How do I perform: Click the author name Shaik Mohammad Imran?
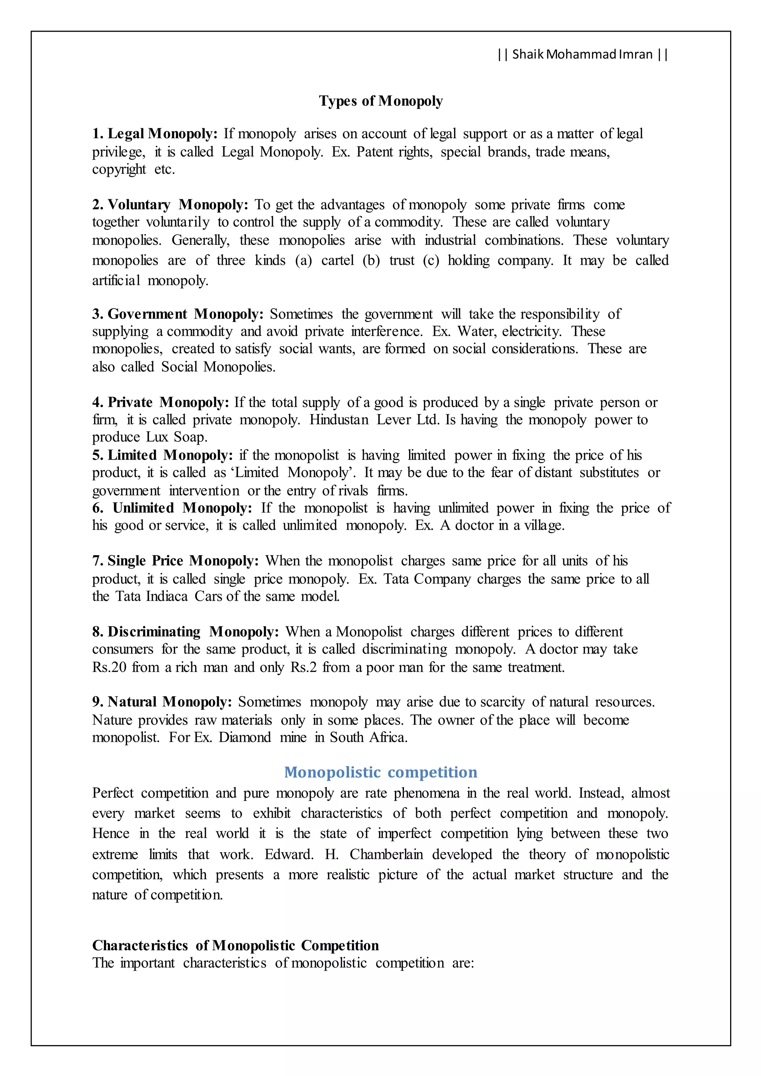click(583, 54)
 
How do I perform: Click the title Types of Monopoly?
click(380, 101)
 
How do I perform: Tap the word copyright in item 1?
click(119, 169)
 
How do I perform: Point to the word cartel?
click(337, 260)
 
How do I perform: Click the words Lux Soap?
click(176, 437)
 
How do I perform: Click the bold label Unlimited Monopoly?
click(182, 508)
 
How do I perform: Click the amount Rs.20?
click(109, 667)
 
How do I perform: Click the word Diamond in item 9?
click(245, 738)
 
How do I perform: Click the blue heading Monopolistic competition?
click(380, 772)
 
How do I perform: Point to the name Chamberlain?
click(386, 854)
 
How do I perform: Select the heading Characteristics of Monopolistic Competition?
click(235, 945)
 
